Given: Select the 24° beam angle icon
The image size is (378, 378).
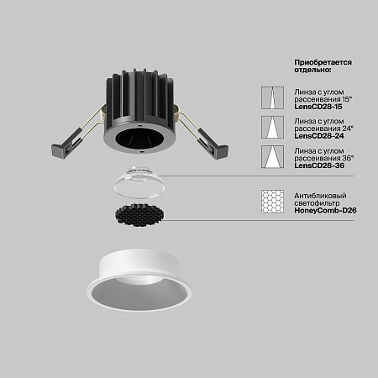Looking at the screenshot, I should pyautogui.click(x=272, y=127).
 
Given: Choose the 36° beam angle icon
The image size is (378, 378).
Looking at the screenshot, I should pyautogui.click(x=272, y=157).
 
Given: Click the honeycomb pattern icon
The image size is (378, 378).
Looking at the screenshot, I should pyautogui.click(x=272, y=202).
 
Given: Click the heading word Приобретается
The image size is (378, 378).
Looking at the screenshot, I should pyautogui.click(x=323, y=62).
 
